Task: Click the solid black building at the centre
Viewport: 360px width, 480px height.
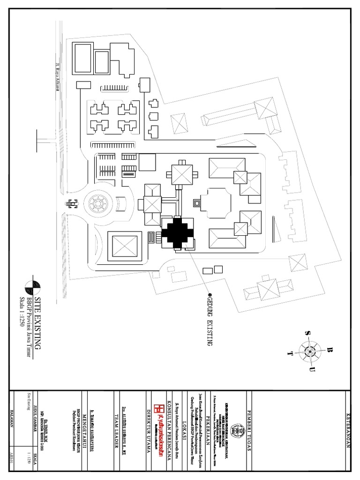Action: [x=178, y=232]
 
